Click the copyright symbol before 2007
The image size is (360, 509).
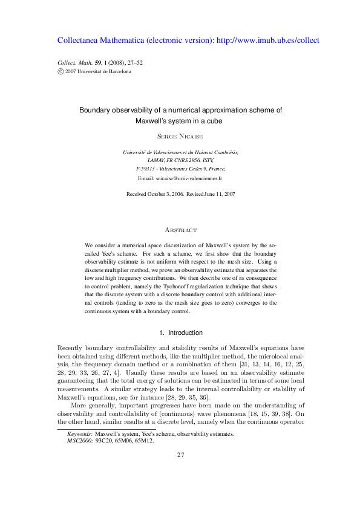(x=60, y=71)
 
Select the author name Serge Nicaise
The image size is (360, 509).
(x=180, y=137)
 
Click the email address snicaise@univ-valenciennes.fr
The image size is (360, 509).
(x=189, y=180)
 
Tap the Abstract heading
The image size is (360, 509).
(x=180, y=230)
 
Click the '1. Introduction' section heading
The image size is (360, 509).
(x=180, y=332)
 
